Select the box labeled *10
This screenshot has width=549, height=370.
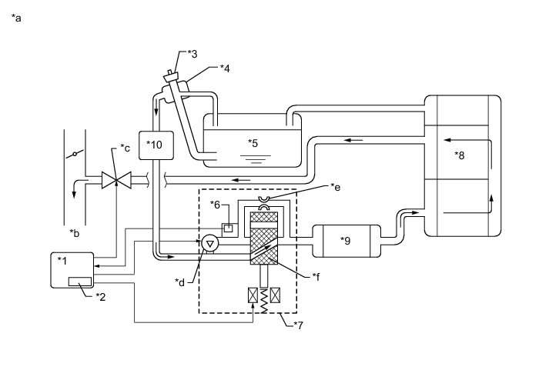tap(156, 144)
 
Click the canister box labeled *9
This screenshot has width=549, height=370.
tap(346, 240)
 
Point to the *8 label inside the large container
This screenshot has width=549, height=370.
tap(460, 155)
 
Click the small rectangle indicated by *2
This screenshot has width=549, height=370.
tap(80, 282)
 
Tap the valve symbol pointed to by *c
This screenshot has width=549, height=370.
tap(115, 182)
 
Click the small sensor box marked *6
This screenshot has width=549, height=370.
tap(228, 228)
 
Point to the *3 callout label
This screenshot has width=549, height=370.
tap(193, 53)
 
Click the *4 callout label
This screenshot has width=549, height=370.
tap(225, 68)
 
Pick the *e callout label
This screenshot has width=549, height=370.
tap(335, 186)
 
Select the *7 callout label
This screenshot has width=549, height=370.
tap(300, 325)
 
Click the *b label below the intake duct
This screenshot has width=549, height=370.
tap(74, 232)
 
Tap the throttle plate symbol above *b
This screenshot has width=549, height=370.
tap(75, 155)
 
